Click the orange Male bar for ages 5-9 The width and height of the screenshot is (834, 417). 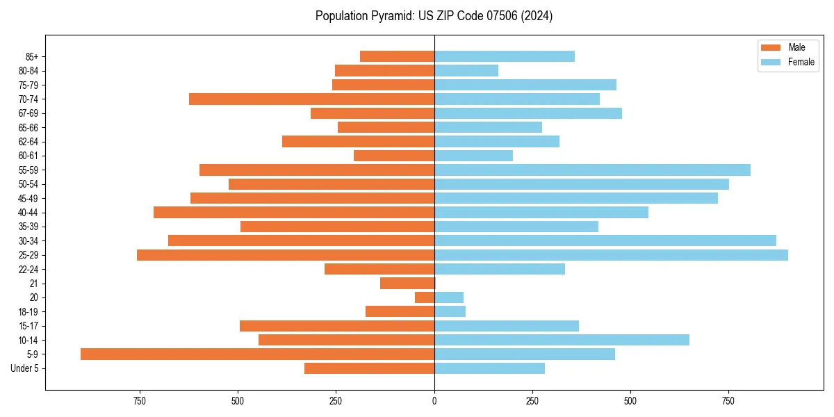[x=257, y=354]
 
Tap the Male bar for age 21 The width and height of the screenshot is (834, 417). [x=407, y=283]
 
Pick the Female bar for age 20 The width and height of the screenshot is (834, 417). [x=449, y=297]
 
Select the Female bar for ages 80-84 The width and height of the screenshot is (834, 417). [x=466, y=71]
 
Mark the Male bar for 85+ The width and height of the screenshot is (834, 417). [x=397, y=56]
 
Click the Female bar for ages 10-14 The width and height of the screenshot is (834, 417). [x=562, y=340]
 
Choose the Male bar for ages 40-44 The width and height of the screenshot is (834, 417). [x=294, y=213]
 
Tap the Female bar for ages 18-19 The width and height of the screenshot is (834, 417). [x=450, y=311]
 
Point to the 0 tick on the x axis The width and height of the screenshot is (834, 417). [x=434, y=401]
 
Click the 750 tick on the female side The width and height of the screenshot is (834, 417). [x=728, y=401]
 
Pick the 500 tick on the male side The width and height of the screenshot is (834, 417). [x=238, y=401]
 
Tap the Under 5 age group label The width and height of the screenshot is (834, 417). [x=24, y=368]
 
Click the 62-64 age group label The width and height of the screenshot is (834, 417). [x=28, y=142]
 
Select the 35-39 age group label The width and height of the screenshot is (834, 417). [x=28, y=227]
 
